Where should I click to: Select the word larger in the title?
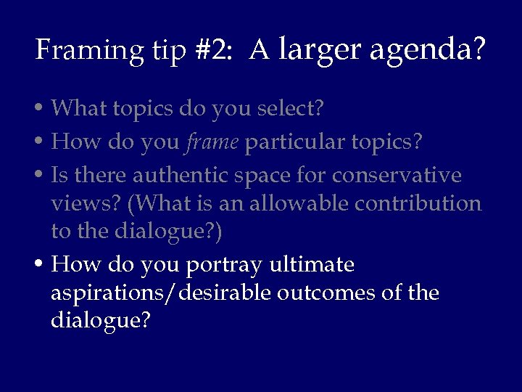tap(320, 50)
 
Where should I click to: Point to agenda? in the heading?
tap(428, 50)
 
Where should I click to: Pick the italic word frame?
tap(212, 142)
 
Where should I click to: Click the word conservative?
tap(397, 176)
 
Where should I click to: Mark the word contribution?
tap(418, 203)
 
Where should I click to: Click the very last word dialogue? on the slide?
tap(100, 321)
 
